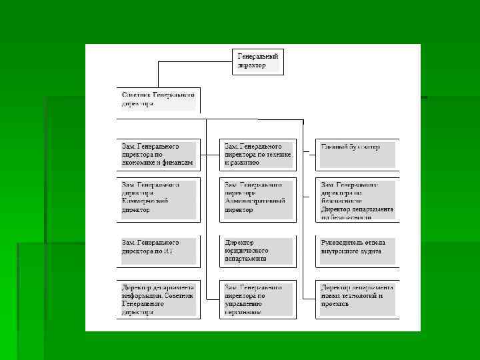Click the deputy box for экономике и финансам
(158, 154)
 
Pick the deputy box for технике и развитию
(257, 154)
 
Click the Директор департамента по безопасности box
(357, 199)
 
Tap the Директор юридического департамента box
(257, 249)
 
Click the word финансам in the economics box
(178, 163)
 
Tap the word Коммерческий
(145, 201)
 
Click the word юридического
(246, 250)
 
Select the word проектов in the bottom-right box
(333, 304)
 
